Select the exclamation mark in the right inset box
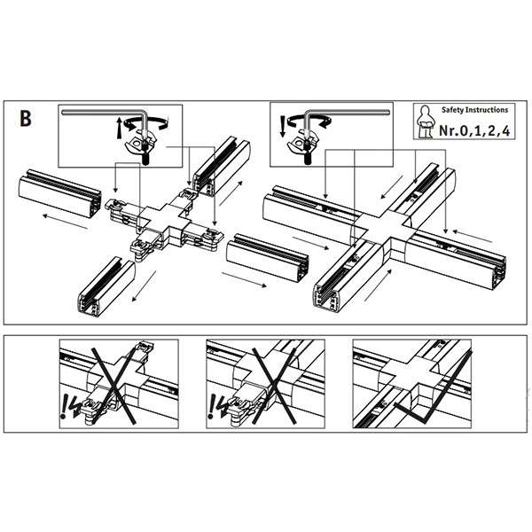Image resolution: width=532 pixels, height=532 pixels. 283,123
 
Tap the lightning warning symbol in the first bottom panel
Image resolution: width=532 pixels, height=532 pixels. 67,405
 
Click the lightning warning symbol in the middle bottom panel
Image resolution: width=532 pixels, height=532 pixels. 215,406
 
